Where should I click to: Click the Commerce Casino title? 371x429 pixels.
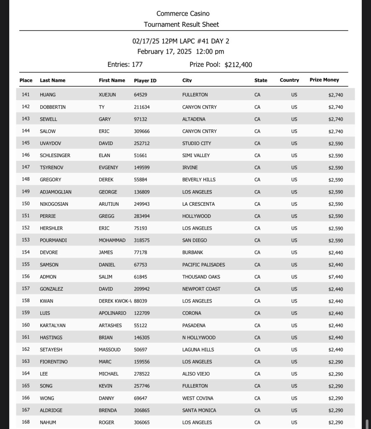183,14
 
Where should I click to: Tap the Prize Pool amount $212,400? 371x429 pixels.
238,65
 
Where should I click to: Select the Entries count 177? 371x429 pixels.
137,65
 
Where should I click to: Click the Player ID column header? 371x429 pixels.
145,80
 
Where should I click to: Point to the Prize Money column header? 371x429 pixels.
324,80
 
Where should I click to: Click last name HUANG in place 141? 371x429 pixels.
48,95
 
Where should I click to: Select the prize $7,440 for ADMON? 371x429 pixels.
335,277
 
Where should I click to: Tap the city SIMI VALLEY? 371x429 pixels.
196,155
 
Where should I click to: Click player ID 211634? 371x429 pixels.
142,107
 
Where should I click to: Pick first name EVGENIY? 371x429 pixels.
109,168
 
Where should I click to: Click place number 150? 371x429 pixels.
26,204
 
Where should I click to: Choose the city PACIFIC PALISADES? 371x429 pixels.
203,265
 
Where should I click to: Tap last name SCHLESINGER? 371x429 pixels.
55,155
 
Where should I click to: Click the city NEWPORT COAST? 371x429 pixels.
201,289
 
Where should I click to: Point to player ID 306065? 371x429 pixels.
142,422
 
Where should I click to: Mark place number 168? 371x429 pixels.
26,422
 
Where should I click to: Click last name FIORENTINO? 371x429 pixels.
54,362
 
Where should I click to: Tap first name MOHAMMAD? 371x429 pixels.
112,240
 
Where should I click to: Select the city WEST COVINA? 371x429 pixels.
197,398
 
